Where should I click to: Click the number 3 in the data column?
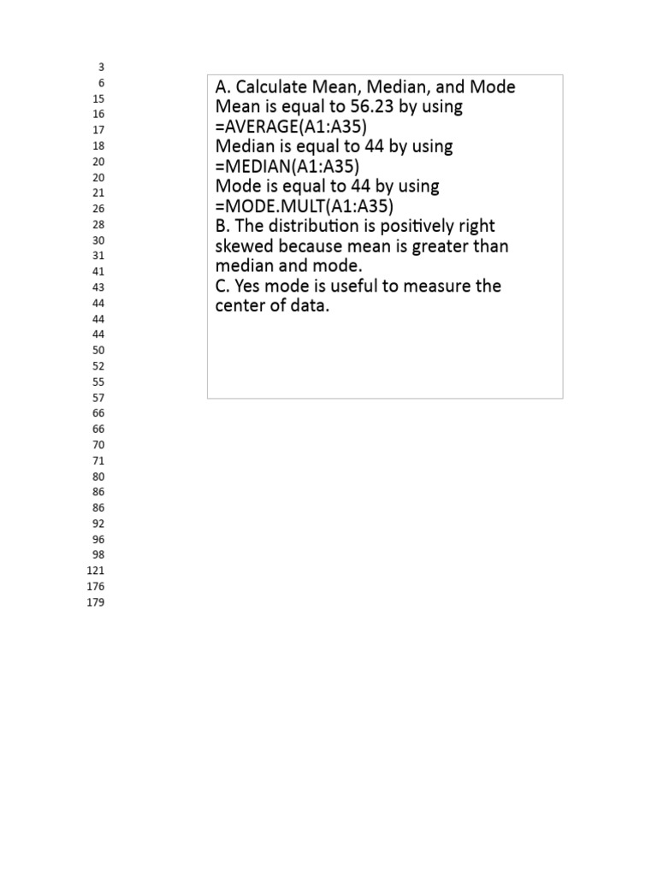click(x=101, y=67)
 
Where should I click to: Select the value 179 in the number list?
click(x=96, y=602)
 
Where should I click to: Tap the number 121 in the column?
click(x=96, y=571)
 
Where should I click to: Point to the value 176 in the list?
click(x=96, y=587)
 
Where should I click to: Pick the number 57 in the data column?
click(x=98, y=398)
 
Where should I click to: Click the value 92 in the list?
click(x=98, y=524)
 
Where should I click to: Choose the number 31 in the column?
click(x=98, y=256)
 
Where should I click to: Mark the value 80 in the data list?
click(x=98, y=476)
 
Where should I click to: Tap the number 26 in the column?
click(x=98, y=209)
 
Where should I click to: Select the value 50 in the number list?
click(x=98, y=351)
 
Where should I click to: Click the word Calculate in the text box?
click(x=270, y=87)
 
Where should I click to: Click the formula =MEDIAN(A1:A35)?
click(x=287, y=166)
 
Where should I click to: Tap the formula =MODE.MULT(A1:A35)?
click(x=305, y=205)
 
